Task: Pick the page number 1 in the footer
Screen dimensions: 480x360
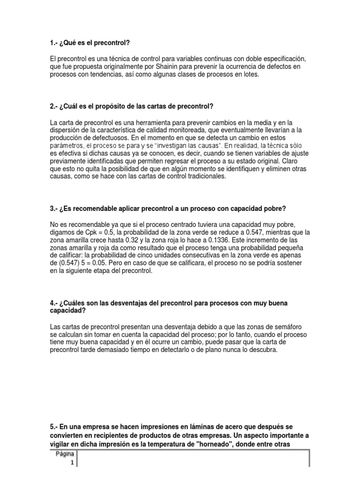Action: click(72, 463)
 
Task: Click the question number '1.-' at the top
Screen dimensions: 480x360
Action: click(53, 43)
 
